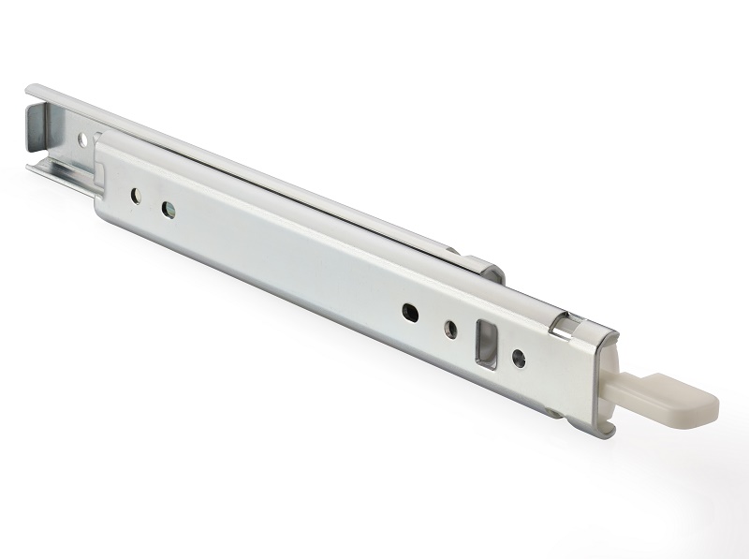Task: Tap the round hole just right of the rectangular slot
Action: [518, 357]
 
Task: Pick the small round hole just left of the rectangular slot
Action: [450, 327]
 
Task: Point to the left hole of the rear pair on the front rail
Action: [135, 196]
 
